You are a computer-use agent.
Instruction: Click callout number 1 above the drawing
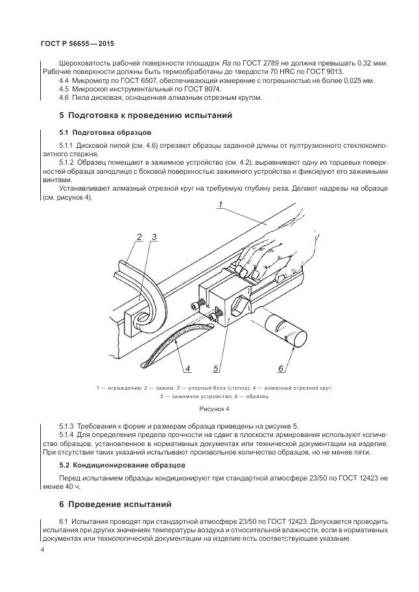click(x=221, y=206)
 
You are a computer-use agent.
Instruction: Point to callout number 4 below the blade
click(x=187, y=370)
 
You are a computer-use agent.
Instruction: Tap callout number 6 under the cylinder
click(x=281, y=370)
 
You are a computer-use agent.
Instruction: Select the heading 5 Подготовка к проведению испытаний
click(x=145, y=115)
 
